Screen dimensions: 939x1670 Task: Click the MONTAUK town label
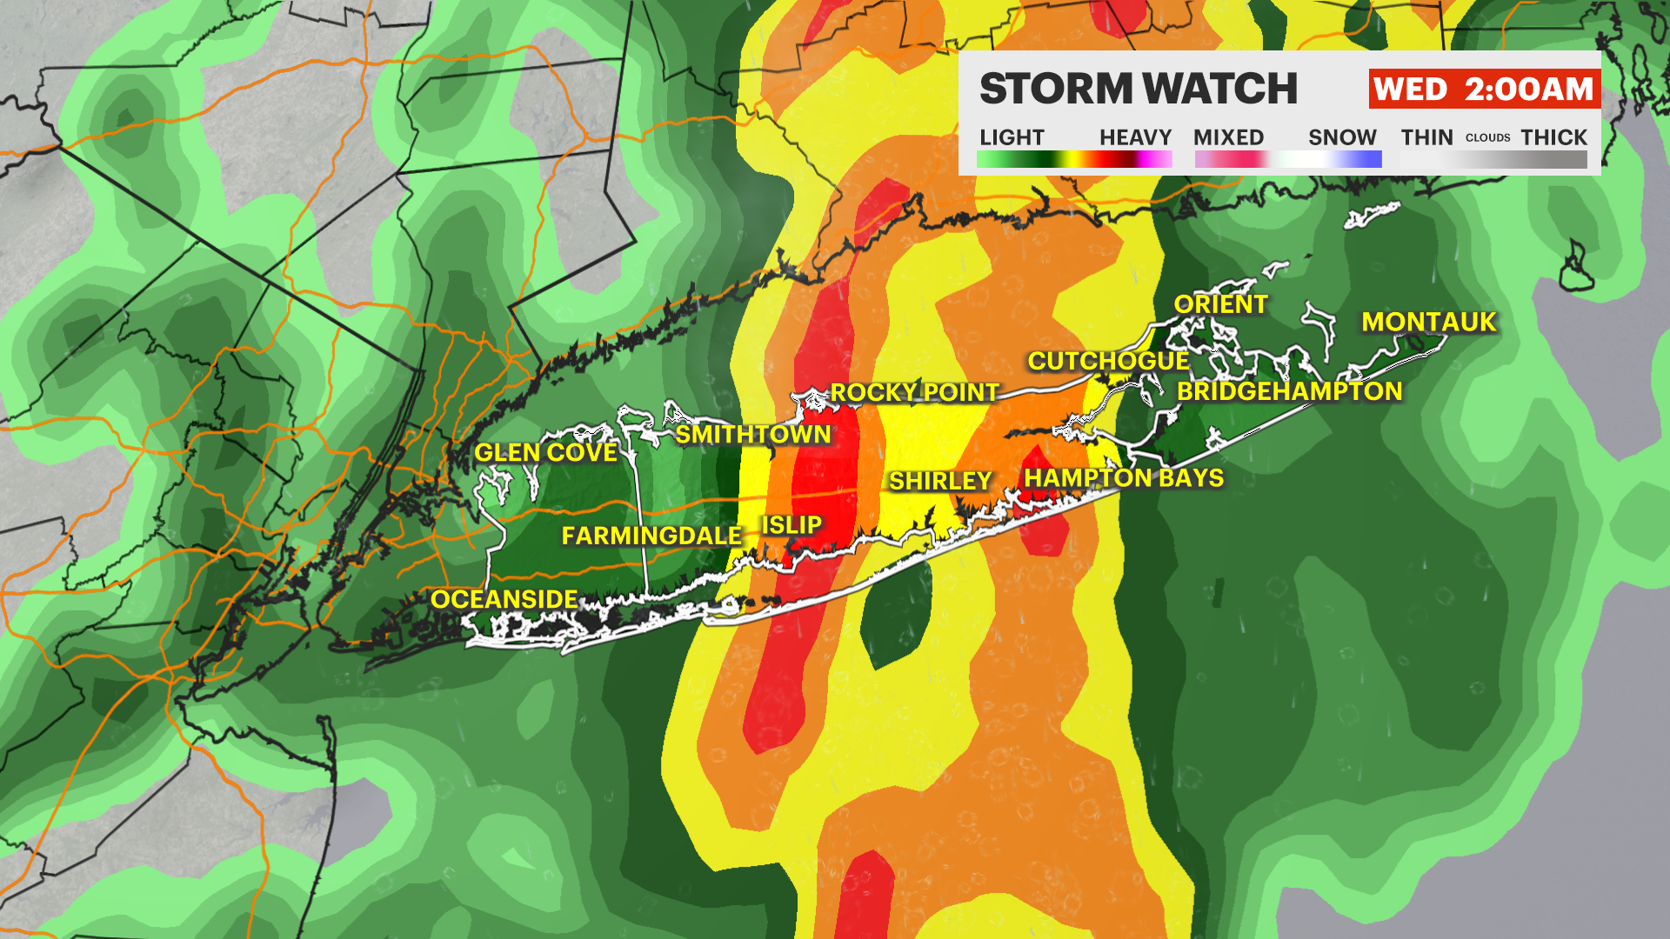pyautogui.click(x=1428, y=323)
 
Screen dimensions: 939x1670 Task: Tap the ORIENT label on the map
pyautogui.click(x=1220, y=304)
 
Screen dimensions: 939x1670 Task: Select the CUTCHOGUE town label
pyautogui.click(x=1108, y=361)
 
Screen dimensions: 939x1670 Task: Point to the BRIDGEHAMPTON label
pyautogui.click(x=1289, y=391)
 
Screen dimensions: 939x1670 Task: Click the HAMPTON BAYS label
pyautogui.click(x=1124, y=478)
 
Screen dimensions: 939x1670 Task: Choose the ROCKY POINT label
pyautogui.click(x=914, y=393)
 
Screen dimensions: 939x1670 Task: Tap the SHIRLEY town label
pyautogui.click(x=940, y=481)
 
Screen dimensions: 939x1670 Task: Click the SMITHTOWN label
pyautogui.click(x=753, y=435)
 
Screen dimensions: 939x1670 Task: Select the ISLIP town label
pyautogui.click(x=792, y=525)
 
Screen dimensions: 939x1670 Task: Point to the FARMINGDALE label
pyautogui.click(x=651, y=536)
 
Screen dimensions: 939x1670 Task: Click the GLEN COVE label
pyautogui.click(x=545, y=453)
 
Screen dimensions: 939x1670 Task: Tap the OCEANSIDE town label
pyautogui.click(x=504, y=600)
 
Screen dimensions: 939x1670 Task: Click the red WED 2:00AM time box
pyautogui.click(x=1484, y=90)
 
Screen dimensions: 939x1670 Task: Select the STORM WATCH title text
pyautogui.click(x=1138, y=90)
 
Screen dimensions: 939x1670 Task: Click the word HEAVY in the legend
pyautogui.click(x=1135, y=137)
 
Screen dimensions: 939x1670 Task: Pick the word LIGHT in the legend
pyautogui.click(x=1012, y=137)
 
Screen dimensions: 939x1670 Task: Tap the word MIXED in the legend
pyautogui.click(x=1228, y=137)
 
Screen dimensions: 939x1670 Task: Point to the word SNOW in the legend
pyautogui.click(x=1342, y=137)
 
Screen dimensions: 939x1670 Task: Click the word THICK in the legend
pyautogui.click(x=1553, y=137)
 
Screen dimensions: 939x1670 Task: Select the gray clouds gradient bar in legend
pyautogui.click(x=1493, y=160)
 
